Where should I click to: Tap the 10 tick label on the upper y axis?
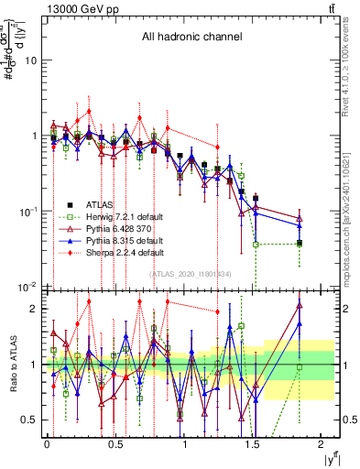(29, 60)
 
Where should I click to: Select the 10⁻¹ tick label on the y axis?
(27, 212)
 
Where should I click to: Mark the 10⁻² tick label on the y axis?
(27, 287)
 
